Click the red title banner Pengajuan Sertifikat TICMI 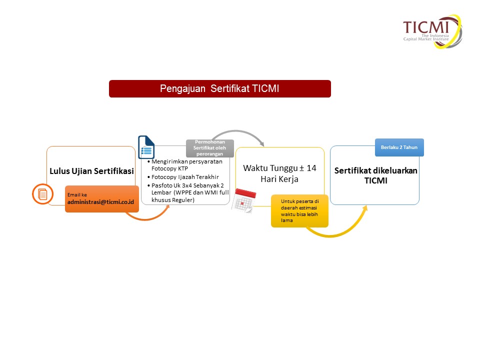click(220, 89)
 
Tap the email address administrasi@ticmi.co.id click(100, 202)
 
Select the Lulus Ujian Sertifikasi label click(92, 171)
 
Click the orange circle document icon click(43, 194)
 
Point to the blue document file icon click(146, 147)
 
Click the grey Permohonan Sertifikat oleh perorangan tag click(210, 148)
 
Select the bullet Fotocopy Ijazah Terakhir click(183, 177)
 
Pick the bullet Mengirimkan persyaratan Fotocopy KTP click(185, 165)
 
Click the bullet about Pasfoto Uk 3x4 click(188, 192)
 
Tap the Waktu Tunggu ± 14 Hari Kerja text click(279, 173)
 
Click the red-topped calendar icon click(243, 201)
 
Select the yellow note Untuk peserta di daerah click(299, 211)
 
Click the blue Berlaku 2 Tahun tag click(399, 147)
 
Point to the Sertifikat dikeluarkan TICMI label click(375, 175)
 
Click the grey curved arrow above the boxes click(237, 131)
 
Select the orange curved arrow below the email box click(146, 219)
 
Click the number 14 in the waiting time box click(311, 168)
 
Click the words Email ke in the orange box click(77, 194)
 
